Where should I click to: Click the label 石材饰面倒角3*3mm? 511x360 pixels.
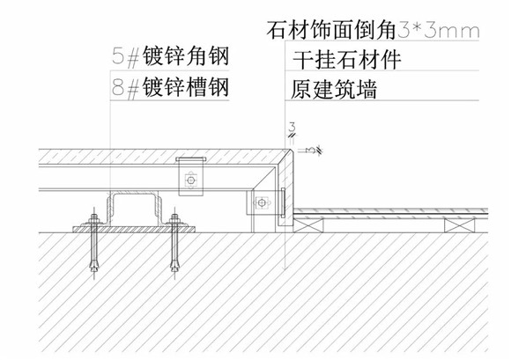pos(373,31)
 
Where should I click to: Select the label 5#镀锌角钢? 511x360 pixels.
pos(170,56)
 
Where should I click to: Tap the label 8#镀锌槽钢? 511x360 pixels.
pos(170,87)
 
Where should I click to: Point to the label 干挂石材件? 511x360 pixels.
pos(347,59)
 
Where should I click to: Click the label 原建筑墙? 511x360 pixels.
pos(334,89)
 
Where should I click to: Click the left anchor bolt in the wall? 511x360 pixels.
pos(94,243)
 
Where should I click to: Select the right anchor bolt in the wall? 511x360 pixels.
pos(174,243)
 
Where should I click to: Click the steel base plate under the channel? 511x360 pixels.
pos(134,230)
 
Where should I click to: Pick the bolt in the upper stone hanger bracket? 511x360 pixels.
pos(190,180)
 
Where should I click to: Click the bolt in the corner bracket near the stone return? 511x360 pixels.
pos(262,203)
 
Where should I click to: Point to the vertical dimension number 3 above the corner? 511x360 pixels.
pos(292,127)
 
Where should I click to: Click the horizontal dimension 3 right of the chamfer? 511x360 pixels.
pos(311,150)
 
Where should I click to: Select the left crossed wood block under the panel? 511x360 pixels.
pos(308,225)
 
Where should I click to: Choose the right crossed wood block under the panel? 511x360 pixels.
pos(460,225)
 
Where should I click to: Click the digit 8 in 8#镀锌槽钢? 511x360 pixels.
pos(118,87)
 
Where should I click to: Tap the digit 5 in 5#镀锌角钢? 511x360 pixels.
pos(118,56)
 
